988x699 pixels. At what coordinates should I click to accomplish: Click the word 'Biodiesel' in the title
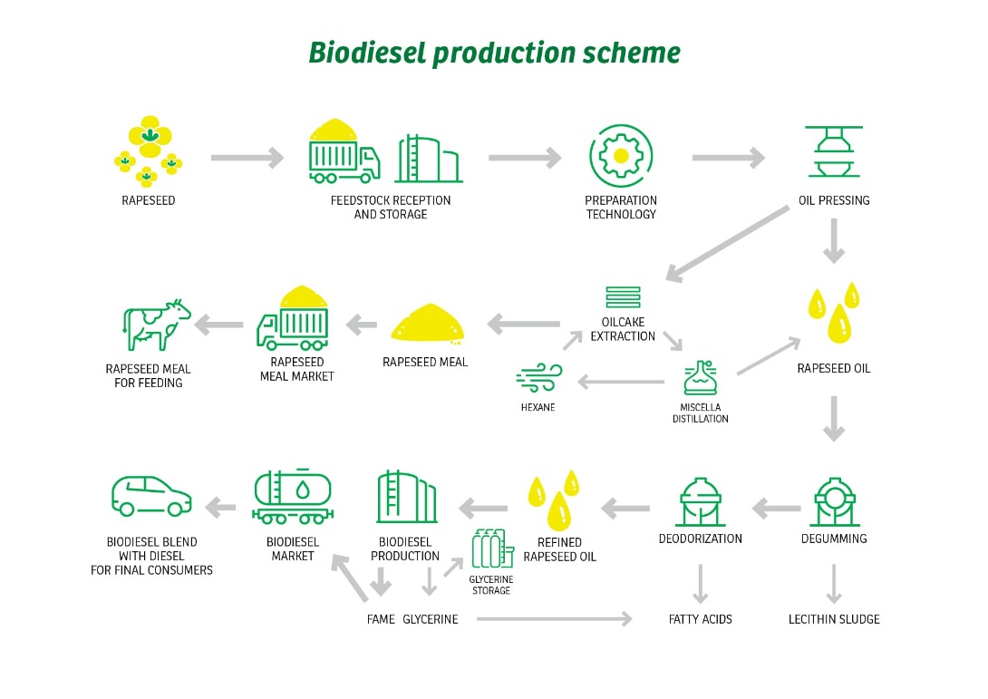(x=366, y=53)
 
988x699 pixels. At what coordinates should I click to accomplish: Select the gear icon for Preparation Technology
(x=620, y=155)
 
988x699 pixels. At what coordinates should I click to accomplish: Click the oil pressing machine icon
(x=833, y=154)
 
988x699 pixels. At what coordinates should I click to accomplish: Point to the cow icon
(x=155, y=325)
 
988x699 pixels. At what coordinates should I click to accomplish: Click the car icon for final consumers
(x=151, y=496)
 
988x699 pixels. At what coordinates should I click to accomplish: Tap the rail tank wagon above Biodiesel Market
(x=292, y=499)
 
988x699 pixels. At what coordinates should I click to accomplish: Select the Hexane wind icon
(x=538, y=379)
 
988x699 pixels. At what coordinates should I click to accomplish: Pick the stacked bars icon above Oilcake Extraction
(x=623, y=297)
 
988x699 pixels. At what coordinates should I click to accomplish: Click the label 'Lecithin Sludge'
(x=833, y=619)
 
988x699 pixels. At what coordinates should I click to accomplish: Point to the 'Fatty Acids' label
(x=700, y=619)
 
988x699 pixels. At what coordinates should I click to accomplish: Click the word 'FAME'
(x=380, y=619)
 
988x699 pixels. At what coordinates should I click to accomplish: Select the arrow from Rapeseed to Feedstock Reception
(x=247, y=159)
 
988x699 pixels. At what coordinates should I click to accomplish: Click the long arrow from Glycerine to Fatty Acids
(x=554, y=619)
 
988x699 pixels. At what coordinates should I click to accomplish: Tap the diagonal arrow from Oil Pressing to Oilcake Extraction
(x=727, y=243)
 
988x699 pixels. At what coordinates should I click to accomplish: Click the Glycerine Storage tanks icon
(x=490, y=549)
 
